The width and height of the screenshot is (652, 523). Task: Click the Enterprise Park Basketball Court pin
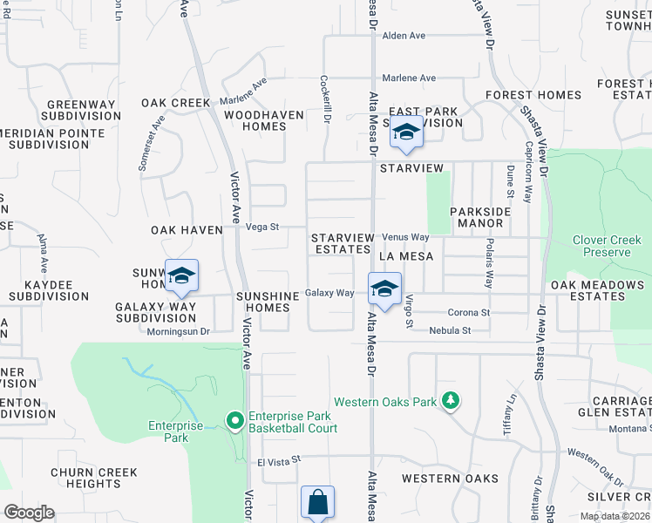tap(234, 422)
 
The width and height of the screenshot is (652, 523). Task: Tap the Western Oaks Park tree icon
tap(451, 401)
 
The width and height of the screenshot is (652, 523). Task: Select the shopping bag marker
tap(317, 503)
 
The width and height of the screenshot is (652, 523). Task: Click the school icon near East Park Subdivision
tap(405, 132)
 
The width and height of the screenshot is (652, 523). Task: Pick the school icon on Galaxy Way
tap(384, 289)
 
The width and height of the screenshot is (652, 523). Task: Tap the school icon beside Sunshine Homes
tap(181, 276)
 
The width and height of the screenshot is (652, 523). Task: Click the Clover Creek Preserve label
tap(601, 246)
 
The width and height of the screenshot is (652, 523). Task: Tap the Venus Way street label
tap(406, 237)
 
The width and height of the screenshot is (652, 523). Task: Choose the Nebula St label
tap(450, 330)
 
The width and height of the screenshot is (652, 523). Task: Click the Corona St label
tap(469, 312)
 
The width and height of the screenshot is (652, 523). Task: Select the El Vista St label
tap(278, 458)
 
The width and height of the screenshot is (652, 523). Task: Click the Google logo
tap(29, 513)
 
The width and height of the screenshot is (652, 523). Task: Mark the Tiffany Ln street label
tap(510, 415)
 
